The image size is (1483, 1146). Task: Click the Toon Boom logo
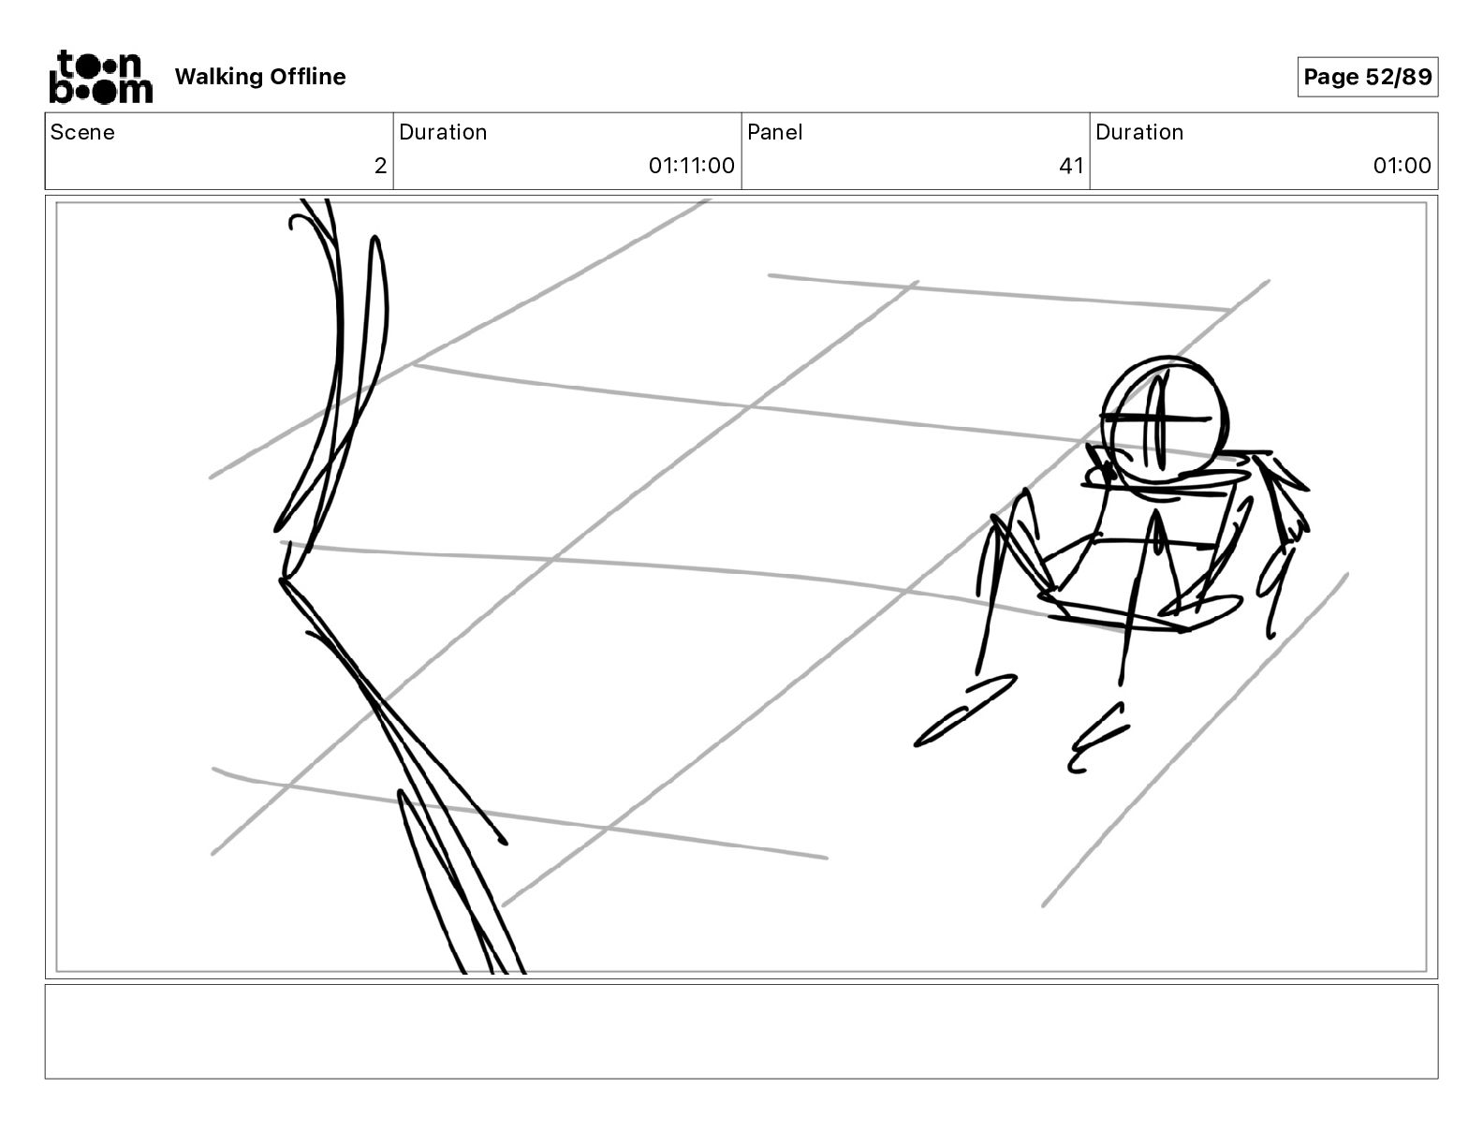[x=100, y=77]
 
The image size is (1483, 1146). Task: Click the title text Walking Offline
[x=260, y=77]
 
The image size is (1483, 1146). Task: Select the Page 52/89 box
[x=1367, y=77]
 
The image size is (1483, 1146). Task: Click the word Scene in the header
[x=82, y=132]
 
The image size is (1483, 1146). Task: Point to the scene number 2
[x=380, y=167]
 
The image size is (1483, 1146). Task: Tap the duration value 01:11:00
[x=691, y=167]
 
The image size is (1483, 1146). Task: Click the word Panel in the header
[x=774, y=132]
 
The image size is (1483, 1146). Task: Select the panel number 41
[x=1071, y=167]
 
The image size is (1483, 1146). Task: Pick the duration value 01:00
[x=1402, y=167]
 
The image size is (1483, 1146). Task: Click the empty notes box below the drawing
[x=741, y=1031]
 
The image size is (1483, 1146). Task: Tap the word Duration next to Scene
[x=443, y=132]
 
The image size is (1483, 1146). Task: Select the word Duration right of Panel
[x=1139, y=132]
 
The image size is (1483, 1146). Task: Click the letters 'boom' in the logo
[x=100, y=90]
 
